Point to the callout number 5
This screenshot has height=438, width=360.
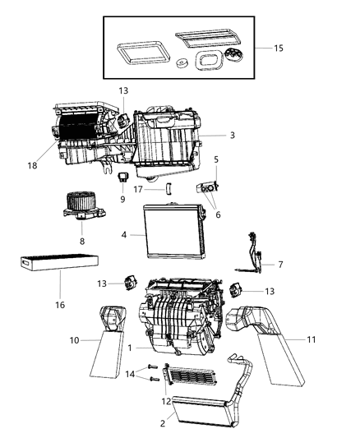(216, 159)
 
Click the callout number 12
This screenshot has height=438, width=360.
(168, 403)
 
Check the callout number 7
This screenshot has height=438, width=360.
(281, 265)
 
